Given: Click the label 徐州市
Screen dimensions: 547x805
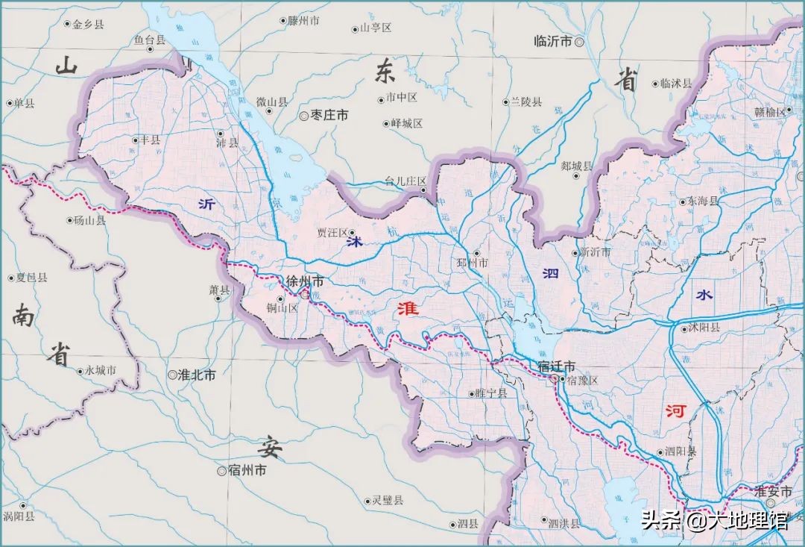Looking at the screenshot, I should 306,281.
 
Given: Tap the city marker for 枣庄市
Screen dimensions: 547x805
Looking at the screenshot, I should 304,116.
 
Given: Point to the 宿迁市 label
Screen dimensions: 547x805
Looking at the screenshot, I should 557,366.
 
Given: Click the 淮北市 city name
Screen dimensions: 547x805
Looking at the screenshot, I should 197,375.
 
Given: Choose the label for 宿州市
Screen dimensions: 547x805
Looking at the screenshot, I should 247,471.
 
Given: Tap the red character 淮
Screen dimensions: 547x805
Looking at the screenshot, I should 408,309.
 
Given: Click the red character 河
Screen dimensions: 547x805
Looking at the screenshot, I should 677,411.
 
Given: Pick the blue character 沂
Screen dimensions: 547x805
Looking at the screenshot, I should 206,203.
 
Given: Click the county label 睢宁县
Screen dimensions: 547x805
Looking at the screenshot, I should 490,393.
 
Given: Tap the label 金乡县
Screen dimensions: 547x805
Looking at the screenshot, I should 88,25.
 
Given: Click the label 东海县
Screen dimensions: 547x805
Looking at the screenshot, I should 703,201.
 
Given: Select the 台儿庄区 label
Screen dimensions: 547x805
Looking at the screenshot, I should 405,181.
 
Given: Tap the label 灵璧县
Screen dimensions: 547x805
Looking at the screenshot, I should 388,500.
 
